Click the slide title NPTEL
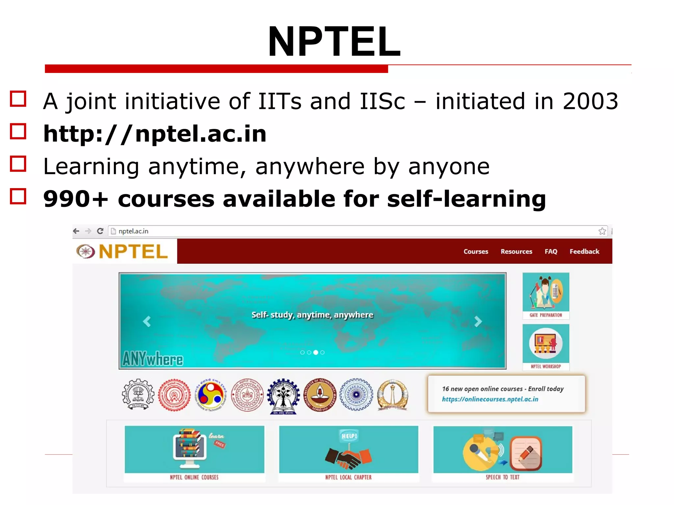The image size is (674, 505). (x=334, y=42)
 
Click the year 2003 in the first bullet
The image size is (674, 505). (x=590, y=101)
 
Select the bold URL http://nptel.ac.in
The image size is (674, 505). (x=155, y=134)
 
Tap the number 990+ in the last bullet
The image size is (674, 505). (x=76, y=199)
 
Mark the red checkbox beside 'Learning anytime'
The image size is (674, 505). (x=18, y=164)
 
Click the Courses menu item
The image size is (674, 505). (x=476, y=252)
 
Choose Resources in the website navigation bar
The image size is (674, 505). (x=516, y=252)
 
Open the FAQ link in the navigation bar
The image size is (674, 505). (x=551, y=252)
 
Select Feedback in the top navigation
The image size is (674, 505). (x=584, y=252)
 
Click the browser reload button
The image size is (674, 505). (x=100, y=231)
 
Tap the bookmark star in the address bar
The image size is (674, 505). (x=602, y=231)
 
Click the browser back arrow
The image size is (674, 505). (x=76, y=231)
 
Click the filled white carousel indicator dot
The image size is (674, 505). (x=316, y=352)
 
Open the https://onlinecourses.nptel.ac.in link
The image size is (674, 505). (x=490, y=399)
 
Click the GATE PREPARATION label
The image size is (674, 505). (x=546, y=315)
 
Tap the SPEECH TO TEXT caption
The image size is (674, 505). (x=503, y=477)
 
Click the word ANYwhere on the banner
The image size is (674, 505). (x=153, y=359)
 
